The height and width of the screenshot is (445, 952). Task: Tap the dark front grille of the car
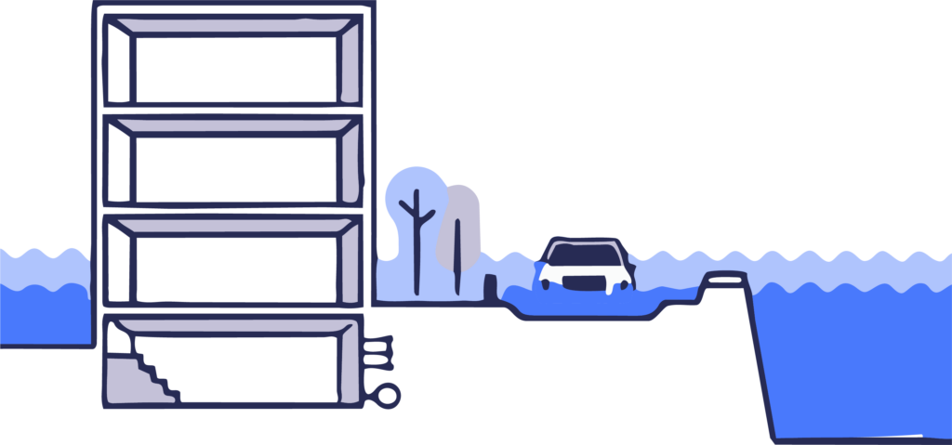pyautogui.click(x=584, y=282)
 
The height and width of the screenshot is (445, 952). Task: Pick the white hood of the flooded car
pyautogui.click(x=584, y=270)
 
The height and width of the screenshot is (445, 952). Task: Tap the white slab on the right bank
pyautogui.click(x=724, y=277)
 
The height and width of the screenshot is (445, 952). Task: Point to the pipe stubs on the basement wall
pyautogui.click(x=378, y=352)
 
